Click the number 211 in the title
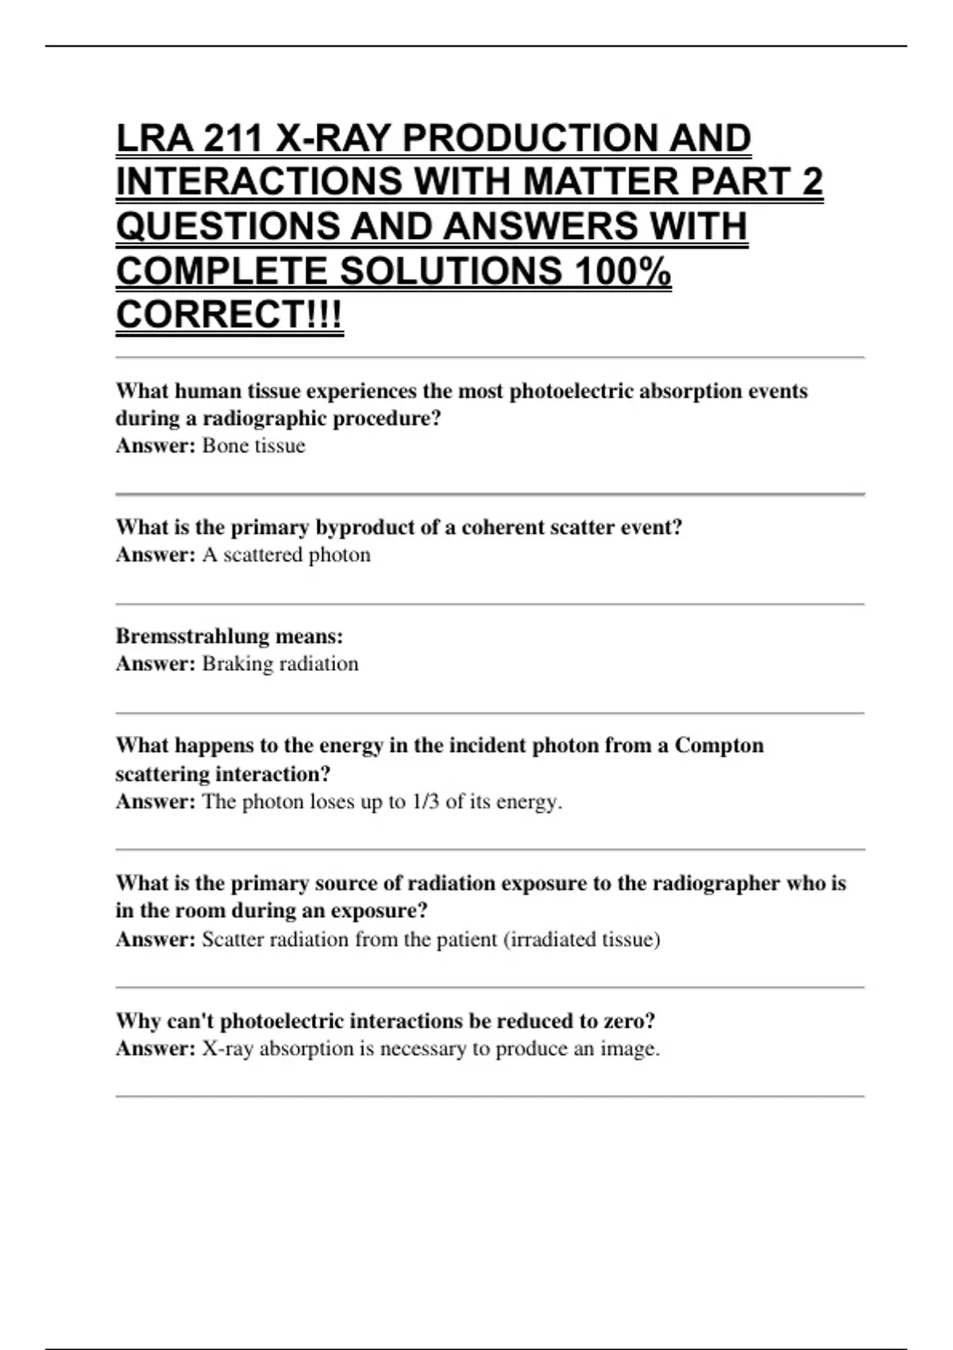[x=233, y=138]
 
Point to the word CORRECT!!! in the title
[x=230, y=315]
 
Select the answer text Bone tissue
[x=253, y=445]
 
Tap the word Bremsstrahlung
[x=191, y=636]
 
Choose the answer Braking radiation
[x=280, y=664]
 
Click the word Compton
[x=719, y=746]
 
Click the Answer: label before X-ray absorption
[x=155, y=1049]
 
